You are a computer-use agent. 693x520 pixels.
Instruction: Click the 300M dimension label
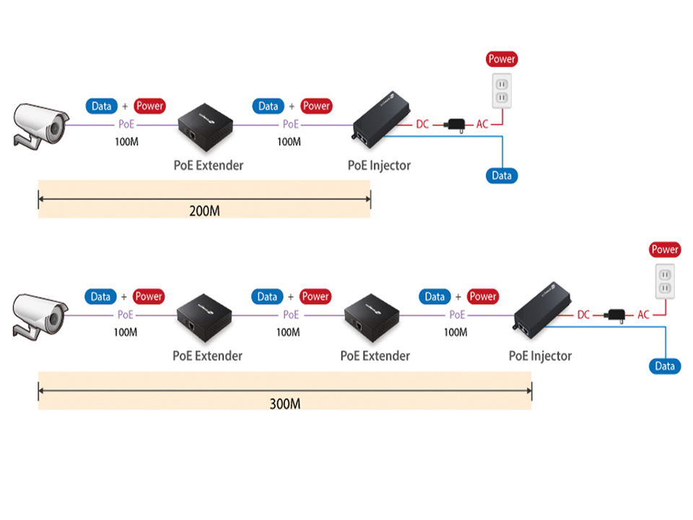click(x=284, y=403)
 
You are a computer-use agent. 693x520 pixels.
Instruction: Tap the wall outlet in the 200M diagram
click(x=501, y=90)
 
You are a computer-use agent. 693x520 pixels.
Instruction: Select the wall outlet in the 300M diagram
click(x=664, y=281)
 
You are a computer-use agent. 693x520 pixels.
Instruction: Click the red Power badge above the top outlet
click(x=502, y=59)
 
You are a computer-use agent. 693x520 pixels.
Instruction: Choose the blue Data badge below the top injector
click(x=502, y=175)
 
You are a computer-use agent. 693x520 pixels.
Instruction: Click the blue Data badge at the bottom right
click(x=665, y=366)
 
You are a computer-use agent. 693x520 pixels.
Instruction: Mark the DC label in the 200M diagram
click(x=422, y=124)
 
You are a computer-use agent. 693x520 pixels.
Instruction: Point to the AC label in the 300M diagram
click(x=643, y=315)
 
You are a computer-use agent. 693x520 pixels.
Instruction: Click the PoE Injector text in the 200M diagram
click(x=379, y=165)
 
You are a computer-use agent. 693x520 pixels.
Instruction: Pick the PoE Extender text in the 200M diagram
click(x=209, y=165)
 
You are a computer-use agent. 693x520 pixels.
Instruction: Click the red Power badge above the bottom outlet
click(x=665, y=250)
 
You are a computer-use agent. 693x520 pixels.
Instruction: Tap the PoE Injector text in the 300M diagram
click(x=540, y=356)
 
